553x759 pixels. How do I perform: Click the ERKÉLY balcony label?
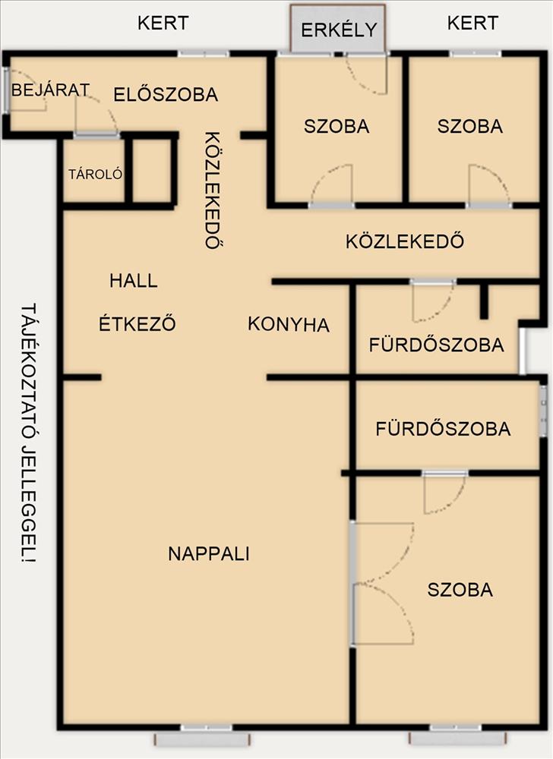339,30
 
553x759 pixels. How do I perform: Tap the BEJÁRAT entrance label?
50,90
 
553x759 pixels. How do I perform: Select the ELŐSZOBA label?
166,94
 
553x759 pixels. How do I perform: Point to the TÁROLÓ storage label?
96,175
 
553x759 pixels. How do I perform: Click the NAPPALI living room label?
209,553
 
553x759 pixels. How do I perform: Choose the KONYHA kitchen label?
289,324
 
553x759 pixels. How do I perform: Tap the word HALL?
133,281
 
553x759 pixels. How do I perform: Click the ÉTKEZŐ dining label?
137,323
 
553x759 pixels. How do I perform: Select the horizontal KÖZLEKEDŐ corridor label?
405,241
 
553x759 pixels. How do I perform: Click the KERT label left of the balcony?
163,24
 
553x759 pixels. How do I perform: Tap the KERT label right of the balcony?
472,24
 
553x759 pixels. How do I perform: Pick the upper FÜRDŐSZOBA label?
436,345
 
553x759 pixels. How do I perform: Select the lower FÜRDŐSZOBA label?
443,428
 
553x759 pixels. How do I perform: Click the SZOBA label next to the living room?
460,590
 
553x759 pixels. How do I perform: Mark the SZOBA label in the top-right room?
470,126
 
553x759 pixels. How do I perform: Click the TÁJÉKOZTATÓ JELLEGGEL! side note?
29,433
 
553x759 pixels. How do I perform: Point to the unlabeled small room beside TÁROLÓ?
152,170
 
